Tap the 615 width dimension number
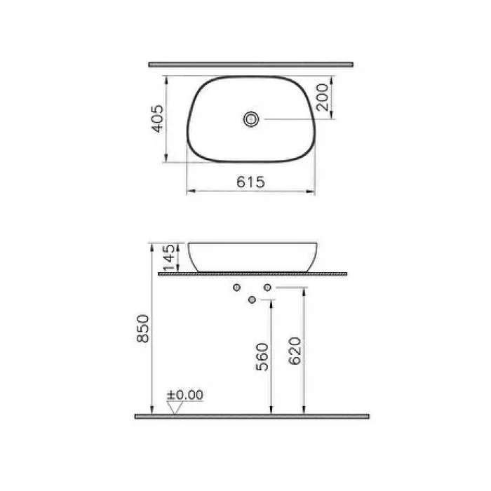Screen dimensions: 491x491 [x=250, y=182]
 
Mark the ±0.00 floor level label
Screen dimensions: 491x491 [x=184, y=396]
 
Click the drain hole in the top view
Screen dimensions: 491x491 [x=251, y=120]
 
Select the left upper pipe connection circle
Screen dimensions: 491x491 [x=237, y=288]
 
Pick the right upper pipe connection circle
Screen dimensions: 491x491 [x=267, y=288]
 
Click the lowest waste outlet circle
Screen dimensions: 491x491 [x=252, y=300]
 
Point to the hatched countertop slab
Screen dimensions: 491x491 [x=253, y=274]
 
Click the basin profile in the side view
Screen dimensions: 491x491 [x=252, y=256]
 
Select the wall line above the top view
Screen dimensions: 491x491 [x=250, y=65]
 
